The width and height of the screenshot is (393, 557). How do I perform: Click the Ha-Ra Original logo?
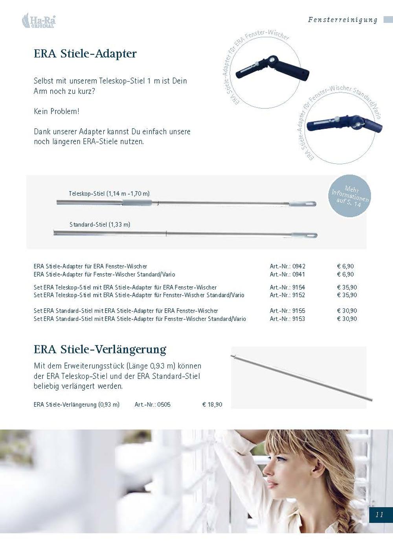coord(39,20)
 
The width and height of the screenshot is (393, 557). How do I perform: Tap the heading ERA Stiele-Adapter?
coord(85,53)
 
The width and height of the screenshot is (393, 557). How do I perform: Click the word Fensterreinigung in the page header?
coord(343,20)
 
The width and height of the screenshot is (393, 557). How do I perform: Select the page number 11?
coord(379,515)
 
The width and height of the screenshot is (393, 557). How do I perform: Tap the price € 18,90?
coord(212,405)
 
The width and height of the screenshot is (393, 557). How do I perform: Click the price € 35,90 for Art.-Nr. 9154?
coord(347,288)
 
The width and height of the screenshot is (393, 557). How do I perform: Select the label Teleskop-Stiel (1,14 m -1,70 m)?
coord(109,194)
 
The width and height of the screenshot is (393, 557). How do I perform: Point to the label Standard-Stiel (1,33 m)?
coord(100,225)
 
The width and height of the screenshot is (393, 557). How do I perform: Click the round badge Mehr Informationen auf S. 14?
coord(349,196)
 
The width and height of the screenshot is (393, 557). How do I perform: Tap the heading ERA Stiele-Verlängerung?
coord(100,349)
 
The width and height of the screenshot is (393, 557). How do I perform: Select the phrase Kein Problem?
coord(57,111)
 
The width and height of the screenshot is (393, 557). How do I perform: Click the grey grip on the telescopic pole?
coord(137,203)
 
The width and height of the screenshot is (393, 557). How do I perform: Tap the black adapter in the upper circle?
coord(272,68)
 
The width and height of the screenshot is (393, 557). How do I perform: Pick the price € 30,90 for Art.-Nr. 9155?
coord(347,311)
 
